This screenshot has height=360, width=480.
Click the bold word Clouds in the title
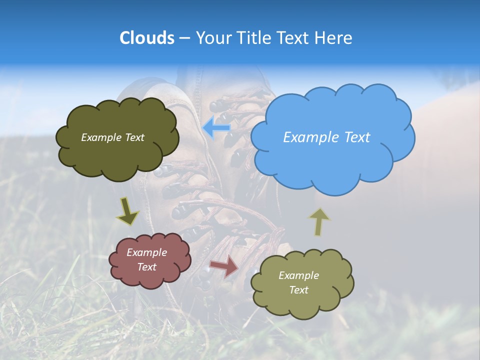[146, 38]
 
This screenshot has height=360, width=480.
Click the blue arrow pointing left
[216, 127]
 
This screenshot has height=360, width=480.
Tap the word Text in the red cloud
[146, 267]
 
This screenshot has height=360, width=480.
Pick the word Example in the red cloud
[146, 252]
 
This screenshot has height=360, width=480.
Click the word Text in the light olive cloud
[298, 290]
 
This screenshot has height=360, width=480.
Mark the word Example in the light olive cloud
[298, 275]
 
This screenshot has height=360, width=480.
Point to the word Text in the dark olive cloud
[134, 137]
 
